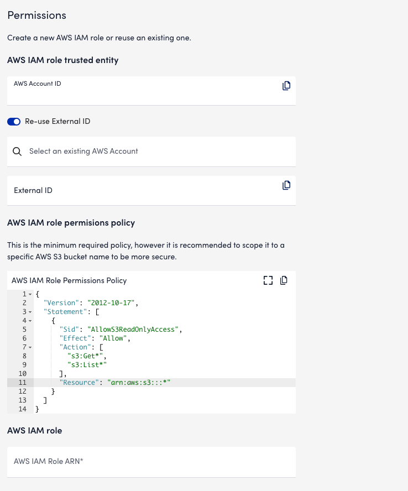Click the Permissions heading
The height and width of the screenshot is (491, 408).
pyautogui.click(x=36, y=15)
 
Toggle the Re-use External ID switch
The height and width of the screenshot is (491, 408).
pyautogui.click(x=14, y=122)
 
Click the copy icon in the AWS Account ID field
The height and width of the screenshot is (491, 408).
pyautogui.click(x=286, y=86)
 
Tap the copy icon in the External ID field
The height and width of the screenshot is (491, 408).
pyautogui.click(x=286, y=185)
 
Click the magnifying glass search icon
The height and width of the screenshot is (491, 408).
pyautogui.click(x=17, y=152)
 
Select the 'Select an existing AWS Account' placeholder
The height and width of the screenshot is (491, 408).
pyautogui.click(x=83, y=152)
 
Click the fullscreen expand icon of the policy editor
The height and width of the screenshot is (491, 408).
pyautogui.click(x=268, y=280)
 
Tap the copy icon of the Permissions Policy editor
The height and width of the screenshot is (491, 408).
pyautogui.click(x=284, y=280)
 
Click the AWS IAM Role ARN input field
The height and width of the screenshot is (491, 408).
pyautogui.click(x=151, y=462)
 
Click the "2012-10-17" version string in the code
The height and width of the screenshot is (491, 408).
pyautogui.click(x=111, y=303)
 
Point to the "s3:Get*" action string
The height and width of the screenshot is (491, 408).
pyautogui.click(x=86, y=356)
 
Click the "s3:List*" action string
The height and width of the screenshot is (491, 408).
pyautogui.click(x=87, y=365)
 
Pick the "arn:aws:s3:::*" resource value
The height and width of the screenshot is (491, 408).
pyautogui.click(x=139, y=382)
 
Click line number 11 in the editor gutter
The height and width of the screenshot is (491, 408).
pyautogui.click(x=23, y=382)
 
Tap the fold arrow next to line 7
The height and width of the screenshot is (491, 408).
pyautogui.click(x=30, y=347)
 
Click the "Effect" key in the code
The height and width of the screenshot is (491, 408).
pyautogui.click(x=74, y=338)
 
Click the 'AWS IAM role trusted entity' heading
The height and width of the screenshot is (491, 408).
pyautogui.click(x=63, y=60)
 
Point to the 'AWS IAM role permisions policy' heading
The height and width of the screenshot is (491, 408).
pyautogui.click(x=71, y=223)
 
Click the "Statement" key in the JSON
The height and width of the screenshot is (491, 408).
pyautogui.click(x=65, y=311)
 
